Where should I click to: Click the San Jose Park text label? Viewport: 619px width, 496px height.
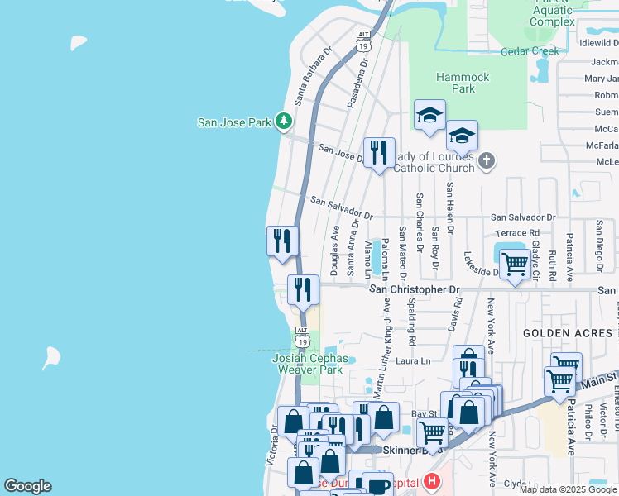234,122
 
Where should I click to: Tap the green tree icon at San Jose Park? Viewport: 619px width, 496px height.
284,122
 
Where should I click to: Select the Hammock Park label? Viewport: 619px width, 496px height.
463,83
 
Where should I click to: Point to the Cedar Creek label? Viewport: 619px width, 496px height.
530,51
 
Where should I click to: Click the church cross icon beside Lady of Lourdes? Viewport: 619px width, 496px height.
487,160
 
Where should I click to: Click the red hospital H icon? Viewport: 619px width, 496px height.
430,481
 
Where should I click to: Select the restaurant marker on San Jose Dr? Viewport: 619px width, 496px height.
379,153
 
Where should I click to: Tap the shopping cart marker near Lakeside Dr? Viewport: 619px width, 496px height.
515,265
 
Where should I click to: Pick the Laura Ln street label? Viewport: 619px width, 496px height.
414,361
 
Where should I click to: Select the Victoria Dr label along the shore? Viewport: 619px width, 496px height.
271,446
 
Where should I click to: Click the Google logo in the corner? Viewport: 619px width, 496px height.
27,486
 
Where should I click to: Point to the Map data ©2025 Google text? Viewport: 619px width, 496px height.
567,489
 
